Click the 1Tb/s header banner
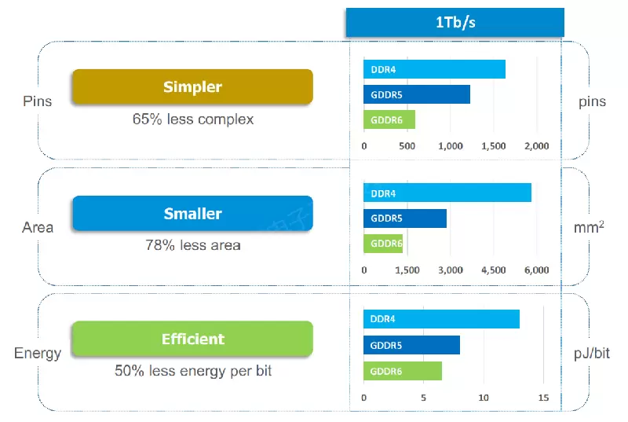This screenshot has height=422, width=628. [x=455, y=22]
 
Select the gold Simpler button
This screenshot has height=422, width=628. [x=192, y=86]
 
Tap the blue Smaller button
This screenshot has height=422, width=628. [x=192, y=213]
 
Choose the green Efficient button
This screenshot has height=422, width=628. [x=192, y=339]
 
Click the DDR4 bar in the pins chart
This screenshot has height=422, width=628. [x=434, y=69]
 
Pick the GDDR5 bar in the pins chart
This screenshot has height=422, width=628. [x=416, y=94]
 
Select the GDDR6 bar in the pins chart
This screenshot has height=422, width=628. [x=389, y=119]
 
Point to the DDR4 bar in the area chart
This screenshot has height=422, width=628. [x=447, y=193]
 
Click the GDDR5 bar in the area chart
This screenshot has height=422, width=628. [x=404, y=218]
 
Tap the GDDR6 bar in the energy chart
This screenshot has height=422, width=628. [x=402, y=371]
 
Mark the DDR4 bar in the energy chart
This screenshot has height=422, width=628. [x=441, y=319]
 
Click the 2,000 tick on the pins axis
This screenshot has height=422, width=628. [x=538, y=146]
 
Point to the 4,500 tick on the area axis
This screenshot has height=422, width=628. [x=493, y=270]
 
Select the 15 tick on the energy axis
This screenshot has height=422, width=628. [x=543, y=398]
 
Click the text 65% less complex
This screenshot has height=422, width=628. [x=192, y=119]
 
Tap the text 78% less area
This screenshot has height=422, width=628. [x=192, y=245]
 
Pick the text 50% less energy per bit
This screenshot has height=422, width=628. [x=192, y=370]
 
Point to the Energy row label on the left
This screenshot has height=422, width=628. [x=38, y=353]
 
